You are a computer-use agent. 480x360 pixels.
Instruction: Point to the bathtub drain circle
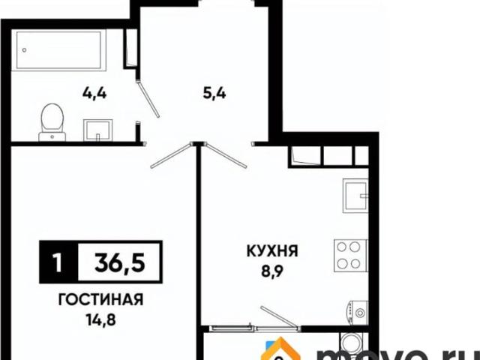coord(25,51)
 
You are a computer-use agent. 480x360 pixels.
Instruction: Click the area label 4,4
coord(93,94)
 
